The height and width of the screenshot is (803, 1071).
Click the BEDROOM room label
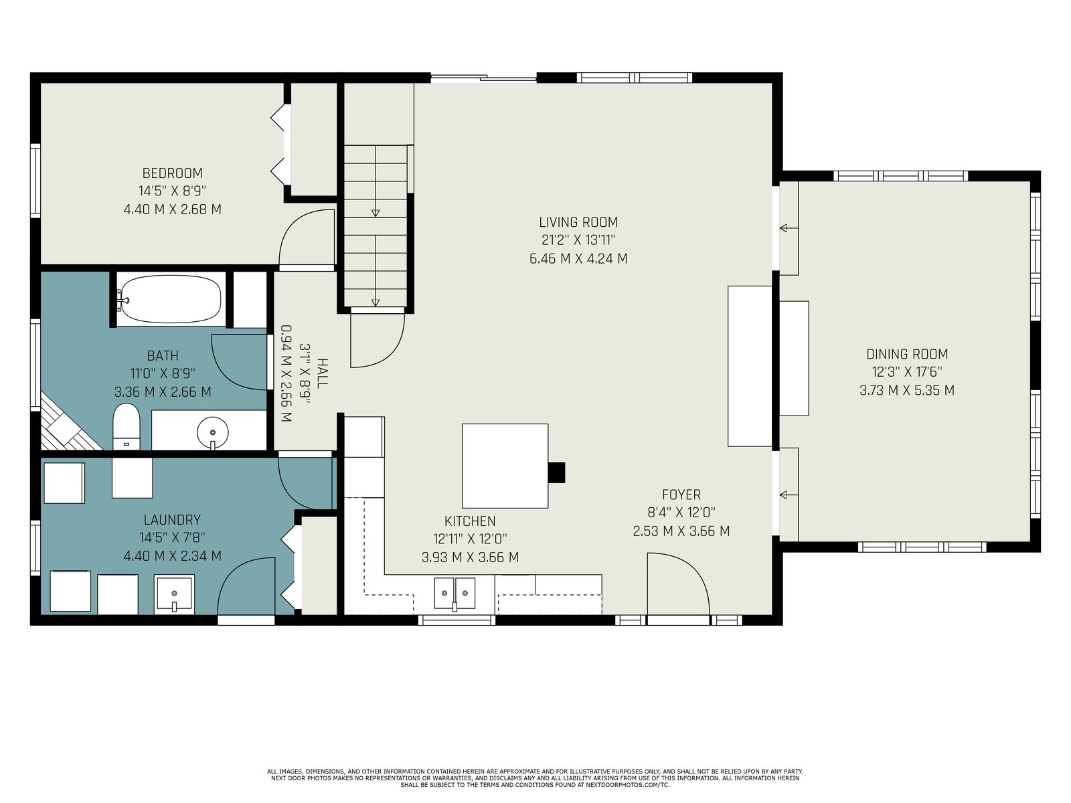pyautogui.click(x=172, y=173)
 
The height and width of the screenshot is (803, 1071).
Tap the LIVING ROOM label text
pyautogui.click(x=578, y=222)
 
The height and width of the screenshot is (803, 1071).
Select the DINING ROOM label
pyautogui.click(x=907, y=354)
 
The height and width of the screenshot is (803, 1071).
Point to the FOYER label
pyautogui.click(x=681, y=495)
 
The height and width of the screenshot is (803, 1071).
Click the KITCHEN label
pyautogui.click(x=470, y=521)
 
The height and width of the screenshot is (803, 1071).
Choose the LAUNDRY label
pyautogui.click(x=172, y=520)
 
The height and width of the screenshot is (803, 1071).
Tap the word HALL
pyautogui.click(x=323, y=373)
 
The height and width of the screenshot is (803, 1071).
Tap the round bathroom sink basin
pyautogui.click(x=213, y=432)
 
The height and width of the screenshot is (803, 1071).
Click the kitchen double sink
pyautogui.click(x=455, y=594)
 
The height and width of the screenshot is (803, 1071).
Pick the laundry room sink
pyautogui.click(x=174, y=594)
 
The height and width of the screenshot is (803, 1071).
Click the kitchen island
pyautogui.click(x=505, y=466)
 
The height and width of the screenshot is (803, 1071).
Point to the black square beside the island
pyautogui.click(x=556, y=472)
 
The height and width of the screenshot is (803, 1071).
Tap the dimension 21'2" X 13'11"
pyautogui.click(x=578, y=240)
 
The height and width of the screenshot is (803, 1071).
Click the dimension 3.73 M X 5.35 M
pyautogui.click(x=907, y=391)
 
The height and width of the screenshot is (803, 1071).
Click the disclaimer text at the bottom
pyautogui.click(x=535, y=778)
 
